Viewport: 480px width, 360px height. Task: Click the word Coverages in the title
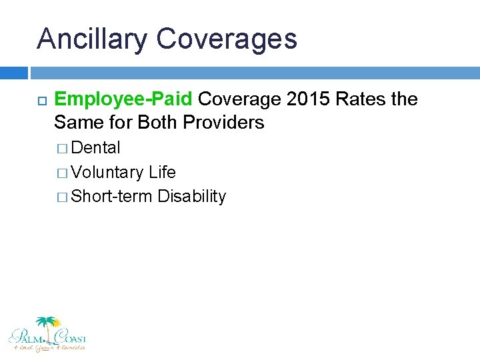(x=227, y=39)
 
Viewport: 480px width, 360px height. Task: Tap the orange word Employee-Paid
(x=123, y=100)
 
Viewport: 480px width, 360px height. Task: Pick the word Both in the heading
(x=157, y=123)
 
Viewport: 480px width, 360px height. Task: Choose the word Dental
(x=96, y=148)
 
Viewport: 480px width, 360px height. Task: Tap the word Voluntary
(x=107, y=173)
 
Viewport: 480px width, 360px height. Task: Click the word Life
(x=162, y=173)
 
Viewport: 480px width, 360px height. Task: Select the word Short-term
(x=112, y=197)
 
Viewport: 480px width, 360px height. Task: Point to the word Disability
(x=192, y=197)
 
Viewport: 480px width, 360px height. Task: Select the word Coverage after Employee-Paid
(x=239, y=100)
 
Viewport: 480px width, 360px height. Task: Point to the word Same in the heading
(x=75, y=123)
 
